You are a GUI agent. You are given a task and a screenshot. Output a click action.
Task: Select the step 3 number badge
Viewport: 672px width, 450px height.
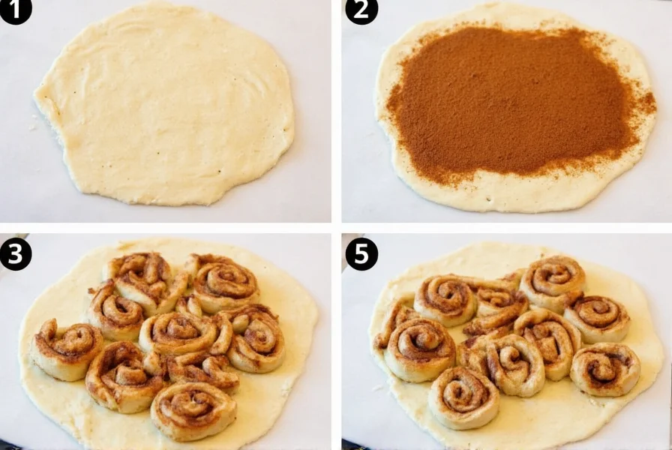(x=16, y=253)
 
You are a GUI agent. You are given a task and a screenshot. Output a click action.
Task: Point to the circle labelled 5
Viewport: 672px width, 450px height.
(x=361, y=253)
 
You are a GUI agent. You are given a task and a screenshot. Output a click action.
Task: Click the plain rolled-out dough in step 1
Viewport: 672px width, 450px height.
(x=165, y=105)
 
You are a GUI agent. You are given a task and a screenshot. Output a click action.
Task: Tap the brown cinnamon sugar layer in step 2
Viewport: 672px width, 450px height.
(x=510, y=97)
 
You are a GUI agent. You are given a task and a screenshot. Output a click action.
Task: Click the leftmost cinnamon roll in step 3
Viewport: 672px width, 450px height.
(x=66, y=349)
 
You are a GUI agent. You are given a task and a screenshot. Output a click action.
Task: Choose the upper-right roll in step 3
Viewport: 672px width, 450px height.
(x=223, y=284)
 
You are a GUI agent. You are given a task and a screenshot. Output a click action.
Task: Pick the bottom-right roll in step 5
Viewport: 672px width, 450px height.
(x=604, y=369)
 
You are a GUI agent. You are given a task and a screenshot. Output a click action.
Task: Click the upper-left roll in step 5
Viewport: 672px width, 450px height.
(x=445, y=298)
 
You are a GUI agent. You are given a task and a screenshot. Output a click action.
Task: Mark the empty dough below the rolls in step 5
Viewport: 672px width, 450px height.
(x=540, y=420)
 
